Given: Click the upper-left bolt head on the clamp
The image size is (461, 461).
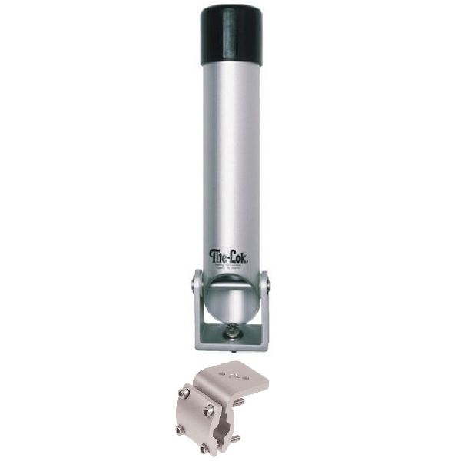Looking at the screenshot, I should (184, 394).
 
